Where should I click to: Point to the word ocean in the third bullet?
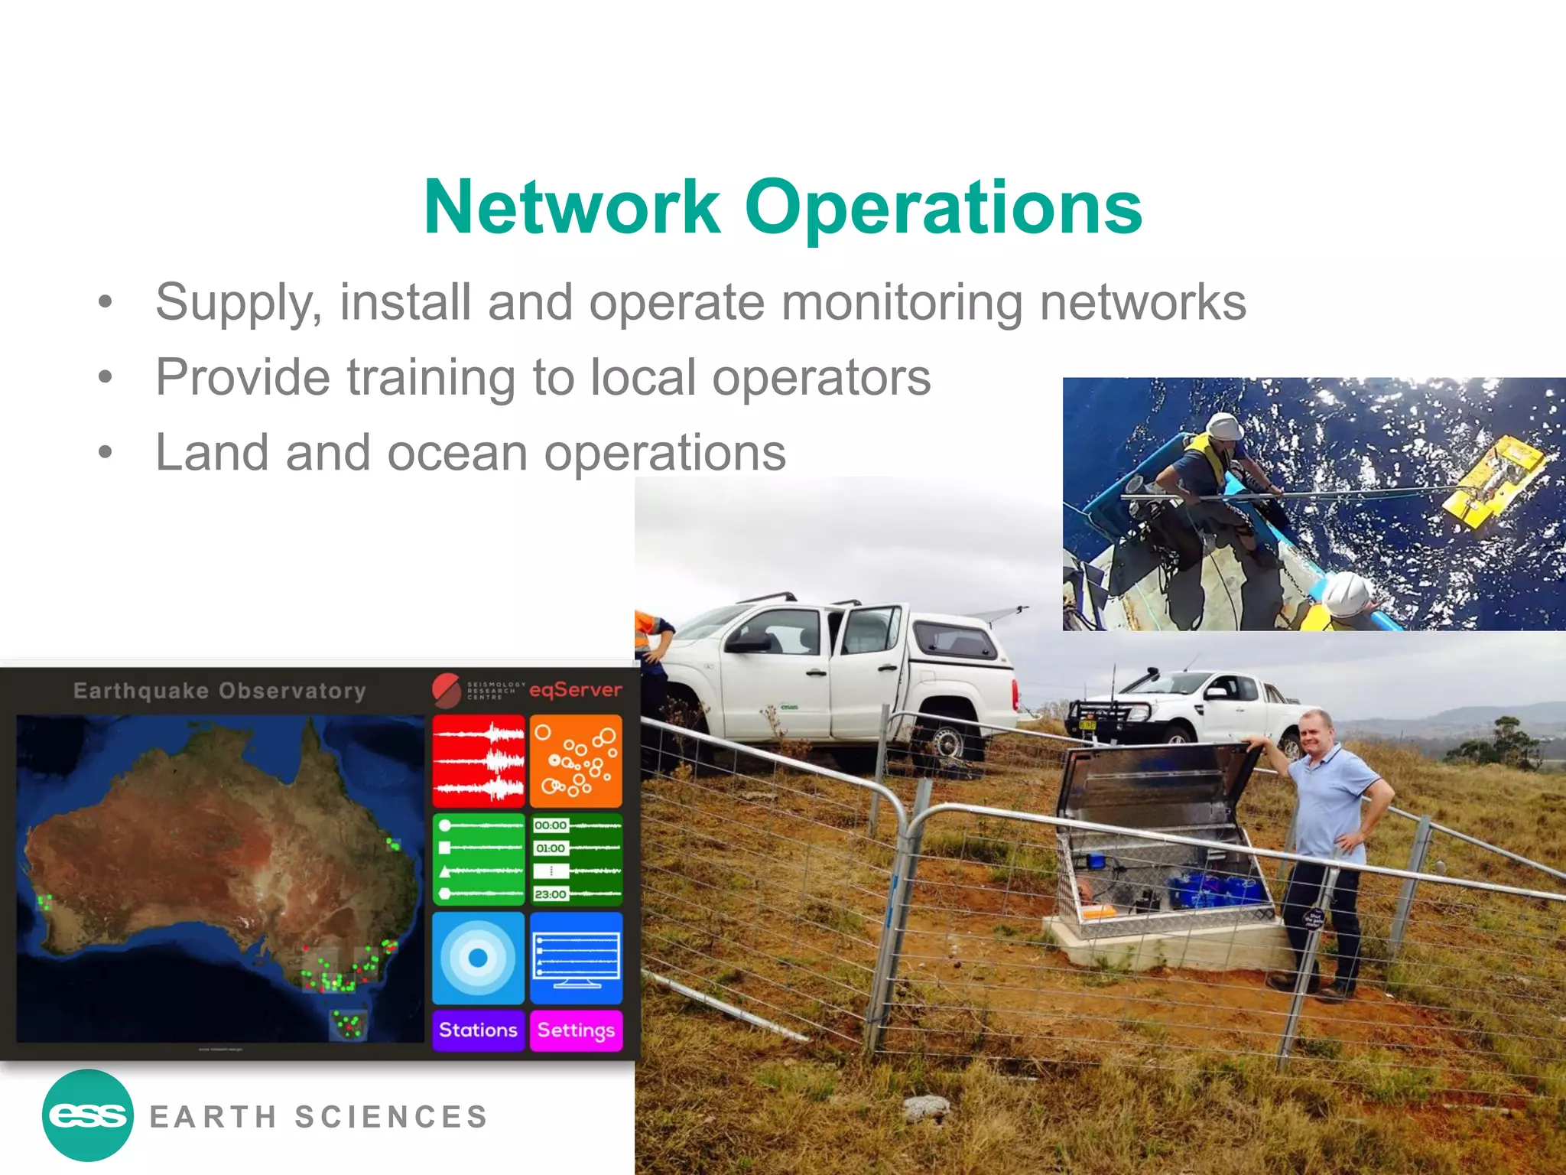457,452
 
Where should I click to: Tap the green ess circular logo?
88,1115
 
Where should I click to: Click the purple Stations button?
478,1030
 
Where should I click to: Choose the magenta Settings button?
576,1030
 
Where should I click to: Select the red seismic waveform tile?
479,761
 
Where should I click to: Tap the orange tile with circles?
576,761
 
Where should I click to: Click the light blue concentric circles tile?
479,958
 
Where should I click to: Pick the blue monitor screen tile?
576,958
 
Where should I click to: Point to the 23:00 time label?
551,894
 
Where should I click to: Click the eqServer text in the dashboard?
576,690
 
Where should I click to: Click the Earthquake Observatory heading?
219,691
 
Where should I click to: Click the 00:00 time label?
551,825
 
